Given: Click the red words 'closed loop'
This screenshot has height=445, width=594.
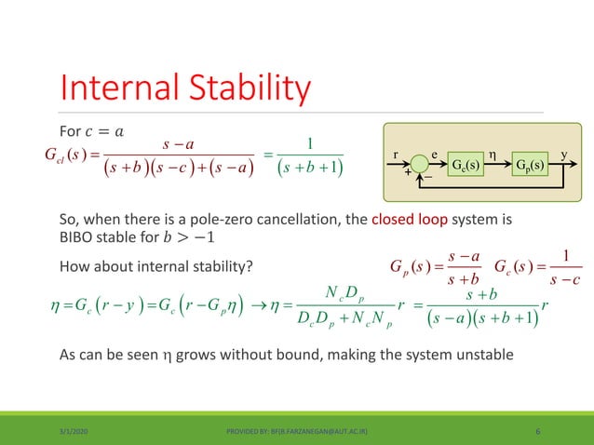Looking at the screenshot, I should click(407, 222).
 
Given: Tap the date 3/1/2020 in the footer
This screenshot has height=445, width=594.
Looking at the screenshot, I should click(81, 431).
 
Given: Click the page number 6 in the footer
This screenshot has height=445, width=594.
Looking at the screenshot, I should click(540, 431).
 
